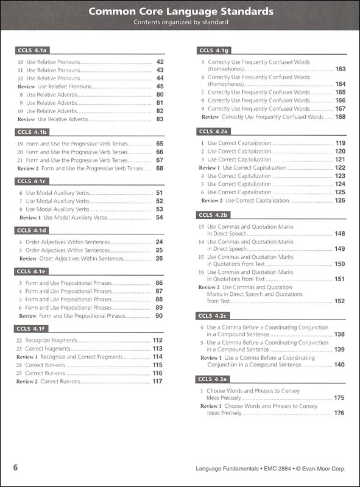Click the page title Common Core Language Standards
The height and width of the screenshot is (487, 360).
[x=180, y=12]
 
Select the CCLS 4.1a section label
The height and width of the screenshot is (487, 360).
[x=32, y=51]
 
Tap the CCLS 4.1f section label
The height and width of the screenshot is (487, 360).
[x=32, y=329]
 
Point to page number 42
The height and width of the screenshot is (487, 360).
[x=160, y=62]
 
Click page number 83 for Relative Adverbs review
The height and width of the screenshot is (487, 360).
[x=160, y=119]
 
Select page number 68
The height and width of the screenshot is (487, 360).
[x=160, y=168]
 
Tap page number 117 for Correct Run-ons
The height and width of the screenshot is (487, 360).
[x=158, y=381]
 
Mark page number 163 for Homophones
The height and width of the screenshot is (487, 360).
[x=340, y=69]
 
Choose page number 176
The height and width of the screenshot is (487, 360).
[x=340, y=413]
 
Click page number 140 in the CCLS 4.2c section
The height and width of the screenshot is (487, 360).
[x=340, y=365]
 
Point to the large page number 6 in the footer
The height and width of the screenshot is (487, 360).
[x=16, y=468]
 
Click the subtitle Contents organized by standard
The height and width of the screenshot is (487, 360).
[x=180, y=23]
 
